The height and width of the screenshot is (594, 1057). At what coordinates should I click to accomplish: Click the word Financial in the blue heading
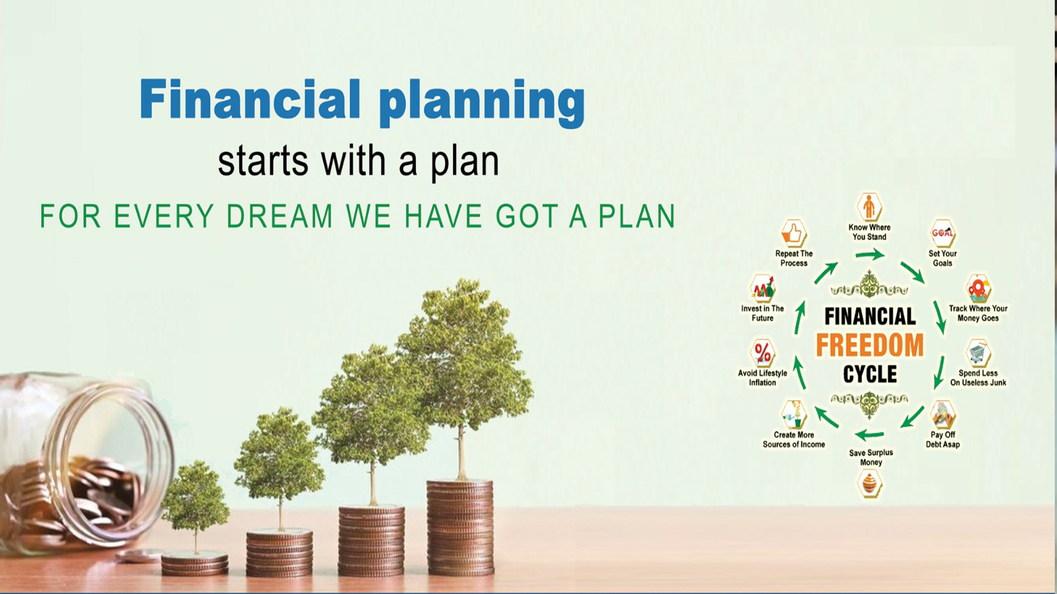click(250, 99)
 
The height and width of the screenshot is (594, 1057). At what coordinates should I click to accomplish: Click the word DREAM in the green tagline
click(280, 216)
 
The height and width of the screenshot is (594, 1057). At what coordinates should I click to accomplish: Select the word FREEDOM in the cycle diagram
click(870, 345)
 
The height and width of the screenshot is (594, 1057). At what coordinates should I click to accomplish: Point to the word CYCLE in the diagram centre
click(870, 375)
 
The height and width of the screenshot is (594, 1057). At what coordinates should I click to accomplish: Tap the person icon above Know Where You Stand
click(869, 207)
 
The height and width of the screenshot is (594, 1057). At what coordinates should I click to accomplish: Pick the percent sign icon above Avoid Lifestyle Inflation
click(762, 353)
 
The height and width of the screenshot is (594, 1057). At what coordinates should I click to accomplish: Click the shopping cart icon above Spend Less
click(978, 353)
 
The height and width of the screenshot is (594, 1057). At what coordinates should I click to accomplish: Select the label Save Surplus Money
click(871, 458)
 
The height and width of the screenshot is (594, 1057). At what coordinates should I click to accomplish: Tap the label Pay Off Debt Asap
click(942, 439)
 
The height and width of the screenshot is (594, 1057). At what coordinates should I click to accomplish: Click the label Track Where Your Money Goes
click(978, 313)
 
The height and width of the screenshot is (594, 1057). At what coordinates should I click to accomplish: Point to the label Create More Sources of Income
click(794, 439)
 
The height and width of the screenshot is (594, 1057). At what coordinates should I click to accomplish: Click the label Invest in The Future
click(762, 313)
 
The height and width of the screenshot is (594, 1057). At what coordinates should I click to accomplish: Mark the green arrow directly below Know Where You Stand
click(870, 255)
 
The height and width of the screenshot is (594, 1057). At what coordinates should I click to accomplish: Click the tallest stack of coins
click(460, 528)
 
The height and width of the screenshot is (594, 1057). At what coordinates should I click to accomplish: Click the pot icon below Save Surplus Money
click(870, 485)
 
